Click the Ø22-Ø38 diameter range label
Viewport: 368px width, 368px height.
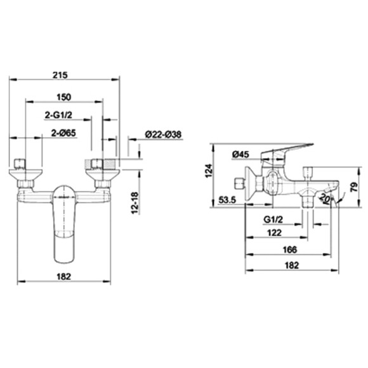163,134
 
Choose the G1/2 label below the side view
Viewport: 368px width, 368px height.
273,220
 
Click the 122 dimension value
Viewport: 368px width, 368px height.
273,233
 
